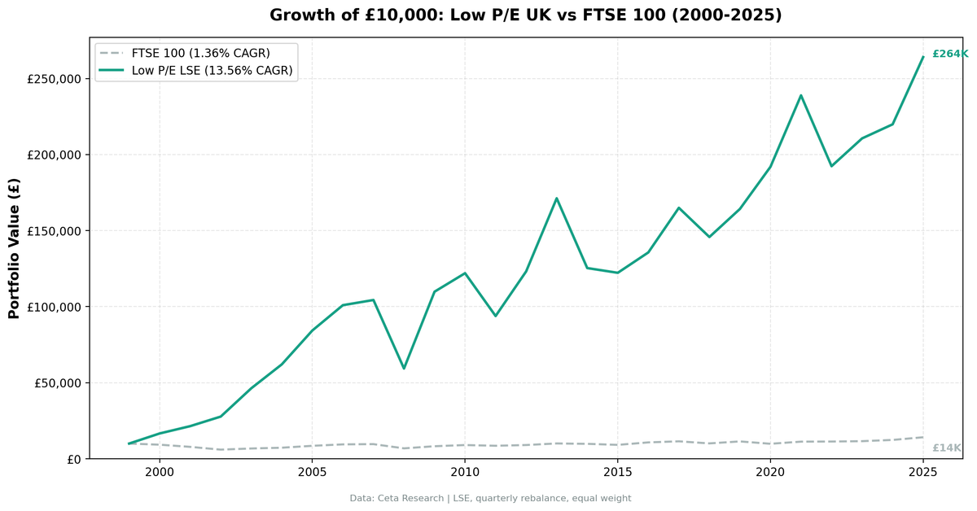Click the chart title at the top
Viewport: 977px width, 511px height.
click(525, 15)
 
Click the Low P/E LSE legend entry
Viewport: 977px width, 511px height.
click(212, 72)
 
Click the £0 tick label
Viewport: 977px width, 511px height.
click(73, 459)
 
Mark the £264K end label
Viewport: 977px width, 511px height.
click(949, 54)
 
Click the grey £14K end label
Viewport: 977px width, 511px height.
click(946, 448)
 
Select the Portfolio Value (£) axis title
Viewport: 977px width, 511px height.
click(14, 248)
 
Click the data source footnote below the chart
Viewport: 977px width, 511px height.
click(490, 498)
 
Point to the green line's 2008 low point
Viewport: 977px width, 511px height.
click(404, 369)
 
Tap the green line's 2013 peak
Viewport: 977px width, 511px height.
click(556, 198)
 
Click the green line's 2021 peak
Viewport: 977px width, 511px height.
click(801, 95)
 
